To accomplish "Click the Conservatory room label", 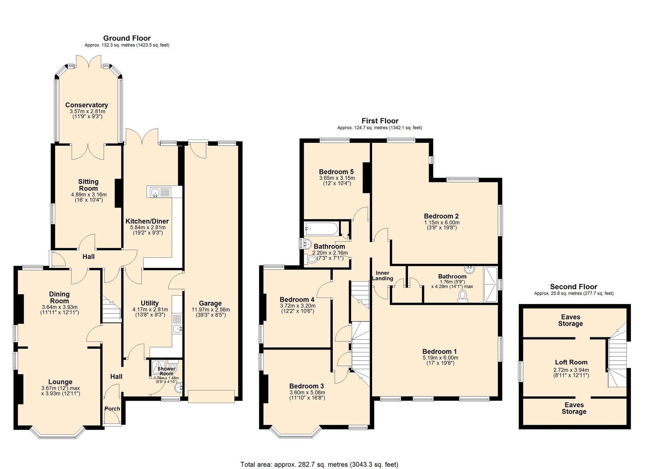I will tap(86, 105).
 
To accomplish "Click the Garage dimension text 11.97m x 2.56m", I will tap(211, 309).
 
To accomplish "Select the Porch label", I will tap(112, 408).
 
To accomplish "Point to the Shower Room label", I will tap(166, 371).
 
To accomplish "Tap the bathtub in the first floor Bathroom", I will tap(321, 229).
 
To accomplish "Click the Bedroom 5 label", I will tap(336, 172).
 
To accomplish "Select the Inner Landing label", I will tap(382, 276).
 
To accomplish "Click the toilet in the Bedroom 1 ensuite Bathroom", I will tap(463, 296).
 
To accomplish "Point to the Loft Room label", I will tap(571, 362).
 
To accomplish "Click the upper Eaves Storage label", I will tap(571, 320).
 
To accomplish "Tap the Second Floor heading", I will tap(573, 287).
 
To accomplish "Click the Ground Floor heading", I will tap(127, 38).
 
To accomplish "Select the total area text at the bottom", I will tap(319, 464).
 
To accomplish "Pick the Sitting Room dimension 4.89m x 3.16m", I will tap(89, 195).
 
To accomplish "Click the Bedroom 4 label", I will tap(297, 299).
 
